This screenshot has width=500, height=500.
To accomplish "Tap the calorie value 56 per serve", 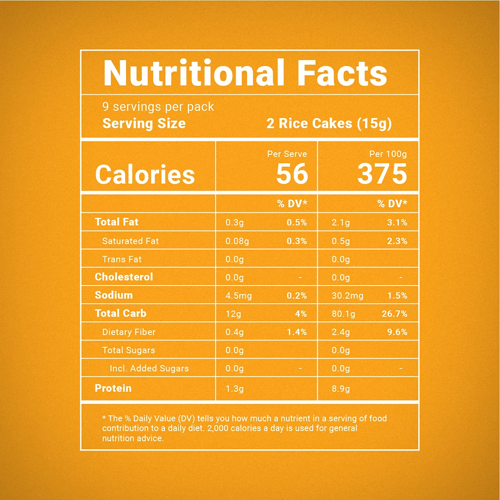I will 292,174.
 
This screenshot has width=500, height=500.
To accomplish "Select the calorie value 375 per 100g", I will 382,174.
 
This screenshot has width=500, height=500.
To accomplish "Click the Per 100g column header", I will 388,154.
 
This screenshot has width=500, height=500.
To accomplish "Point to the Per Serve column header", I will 287,154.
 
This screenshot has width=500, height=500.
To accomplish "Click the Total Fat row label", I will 116,222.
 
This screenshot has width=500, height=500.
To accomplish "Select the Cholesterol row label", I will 124,277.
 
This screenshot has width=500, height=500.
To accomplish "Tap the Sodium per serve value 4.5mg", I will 239,296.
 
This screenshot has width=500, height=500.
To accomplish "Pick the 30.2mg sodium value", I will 347,296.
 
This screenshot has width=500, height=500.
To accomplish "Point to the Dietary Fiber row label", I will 129,332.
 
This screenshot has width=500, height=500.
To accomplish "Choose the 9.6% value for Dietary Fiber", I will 397,332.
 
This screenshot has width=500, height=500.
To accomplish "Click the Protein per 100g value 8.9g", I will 341,389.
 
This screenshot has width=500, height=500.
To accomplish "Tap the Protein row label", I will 113,388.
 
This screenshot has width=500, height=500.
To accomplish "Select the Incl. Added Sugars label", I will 149,368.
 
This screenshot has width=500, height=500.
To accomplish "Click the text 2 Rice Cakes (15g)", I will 329,124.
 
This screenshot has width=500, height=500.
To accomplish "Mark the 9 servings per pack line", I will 158,107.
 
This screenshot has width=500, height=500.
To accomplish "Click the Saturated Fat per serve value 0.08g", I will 237,241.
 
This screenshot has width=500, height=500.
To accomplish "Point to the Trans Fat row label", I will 122,259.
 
